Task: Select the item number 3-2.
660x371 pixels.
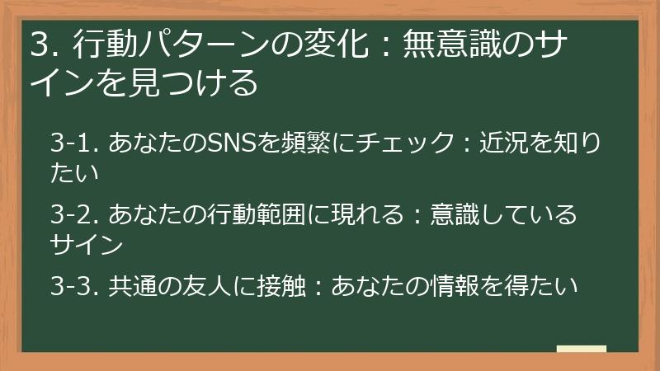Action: click(75, 216)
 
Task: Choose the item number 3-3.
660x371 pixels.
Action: click(75, 287)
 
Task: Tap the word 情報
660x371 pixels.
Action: click(464, 287)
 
